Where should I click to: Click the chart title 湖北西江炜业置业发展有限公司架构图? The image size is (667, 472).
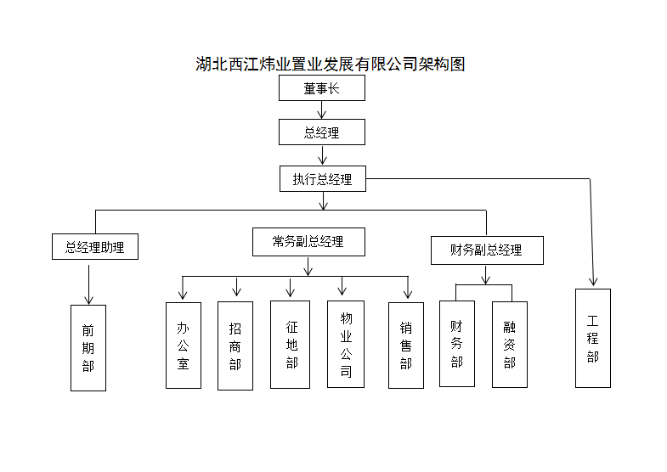(x=330, y=65)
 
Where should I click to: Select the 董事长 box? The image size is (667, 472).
(x=322, y=88)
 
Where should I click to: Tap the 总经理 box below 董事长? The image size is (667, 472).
(x=322, y=132)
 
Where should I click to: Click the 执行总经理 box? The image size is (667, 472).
(x=323, y=179)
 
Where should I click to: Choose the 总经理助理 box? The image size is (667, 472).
(x=95, y=246)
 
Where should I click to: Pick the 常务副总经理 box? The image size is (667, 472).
(x=308, y=242)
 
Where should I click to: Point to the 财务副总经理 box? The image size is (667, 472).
(x=487, y=250)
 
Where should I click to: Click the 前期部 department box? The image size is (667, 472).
(x=88, y=348)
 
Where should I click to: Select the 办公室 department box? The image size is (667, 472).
(x=184, y=346)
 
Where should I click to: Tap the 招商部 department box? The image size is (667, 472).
(x=235, y=346)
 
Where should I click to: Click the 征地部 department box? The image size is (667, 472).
(x=290, y=345)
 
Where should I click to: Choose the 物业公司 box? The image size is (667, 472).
(x=346, y=344)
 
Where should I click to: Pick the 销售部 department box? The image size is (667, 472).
(x=406, y=346)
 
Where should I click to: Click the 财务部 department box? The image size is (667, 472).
(x=457, y=344)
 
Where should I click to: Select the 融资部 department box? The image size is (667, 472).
(x=510, y=345)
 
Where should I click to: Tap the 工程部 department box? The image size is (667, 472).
(x=593, y=338)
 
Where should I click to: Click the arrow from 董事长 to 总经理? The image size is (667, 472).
(x=322, y=110)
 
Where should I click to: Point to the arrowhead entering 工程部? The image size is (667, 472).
(x=593, y=281)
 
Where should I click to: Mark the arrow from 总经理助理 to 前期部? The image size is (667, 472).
(x=89, y=284)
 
